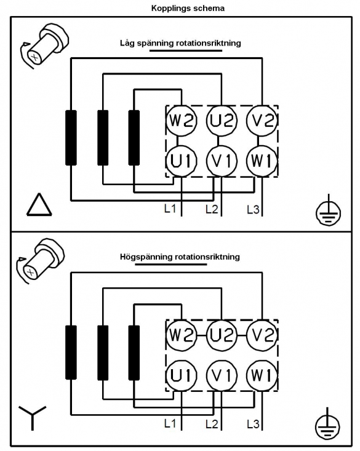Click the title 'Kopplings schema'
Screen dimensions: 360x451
tap(188, 8)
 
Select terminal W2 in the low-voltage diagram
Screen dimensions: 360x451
tap(182, 120)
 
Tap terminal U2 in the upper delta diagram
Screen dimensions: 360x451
tap(222, 120)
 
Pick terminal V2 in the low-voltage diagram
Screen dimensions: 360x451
tap(262, 120)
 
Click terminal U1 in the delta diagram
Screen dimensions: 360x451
tap(182, 161)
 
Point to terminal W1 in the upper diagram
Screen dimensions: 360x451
tap(262, 161)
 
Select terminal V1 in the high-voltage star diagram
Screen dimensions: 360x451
tap(222, 375)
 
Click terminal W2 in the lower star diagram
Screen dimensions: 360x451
tap(182, 335)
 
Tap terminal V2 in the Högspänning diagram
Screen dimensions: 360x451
tap(262, 335)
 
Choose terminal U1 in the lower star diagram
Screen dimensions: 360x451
tap(182, 375)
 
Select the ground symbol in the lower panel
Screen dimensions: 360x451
tap(327, 425)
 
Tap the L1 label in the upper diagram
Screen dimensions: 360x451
tap(170, 209)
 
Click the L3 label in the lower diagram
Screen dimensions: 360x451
tap(253, 424)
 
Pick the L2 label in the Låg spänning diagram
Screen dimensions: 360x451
tap(212, 209)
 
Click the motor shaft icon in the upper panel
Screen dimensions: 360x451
tap(45, 46)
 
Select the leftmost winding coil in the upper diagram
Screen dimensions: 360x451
tap(71, 138)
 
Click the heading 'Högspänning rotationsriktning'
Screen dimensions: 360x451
tap(180, 257)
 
